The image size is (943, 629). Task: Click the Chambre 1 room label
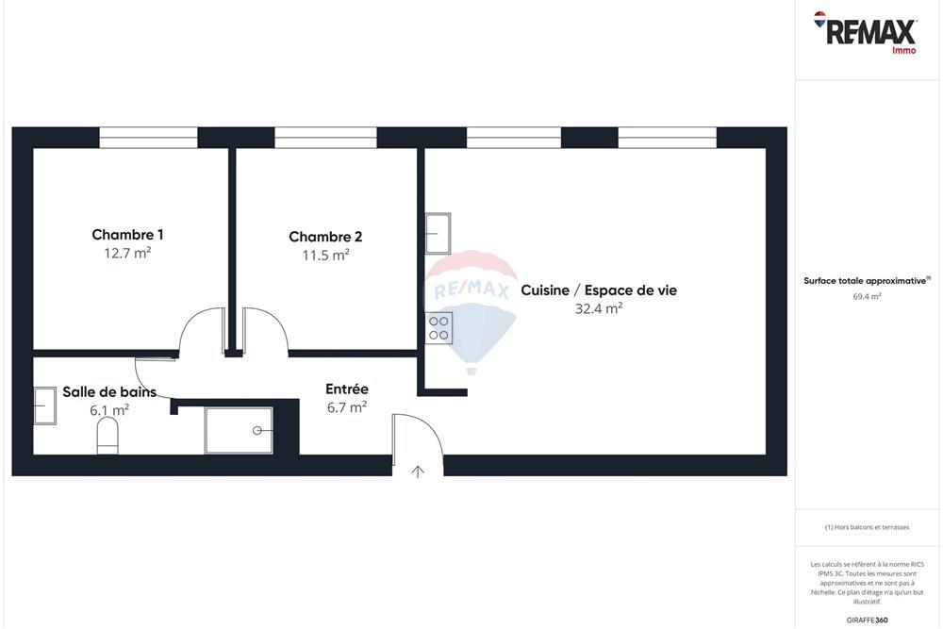(127, 235)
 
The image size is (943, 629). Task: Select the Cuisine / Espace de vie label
(599, 290)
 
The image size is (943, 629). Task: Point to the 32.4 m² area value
(599, 308)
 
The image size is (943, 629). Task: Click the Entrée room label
(346, 389)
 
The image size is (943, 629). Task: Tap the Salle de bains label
(109, 392)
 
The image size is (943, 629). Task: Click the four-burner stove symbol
(439, 327)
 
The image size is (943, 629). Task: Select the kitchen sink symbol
(438, 233)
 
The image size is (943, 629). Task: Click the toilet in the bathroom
(108, 436)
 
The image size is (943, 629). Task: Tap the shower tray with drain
(239, 430)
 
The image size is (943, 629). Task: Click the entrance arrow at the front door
(418, 471)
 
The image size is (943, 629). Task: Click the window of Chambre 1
(148, 138)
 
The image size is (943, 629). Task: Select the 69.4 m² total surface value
(867, 296)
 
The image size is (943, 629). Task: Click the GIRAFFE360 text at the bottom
(868, 620)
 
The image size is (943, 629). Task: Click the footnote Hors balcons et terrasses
(867, 527)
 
